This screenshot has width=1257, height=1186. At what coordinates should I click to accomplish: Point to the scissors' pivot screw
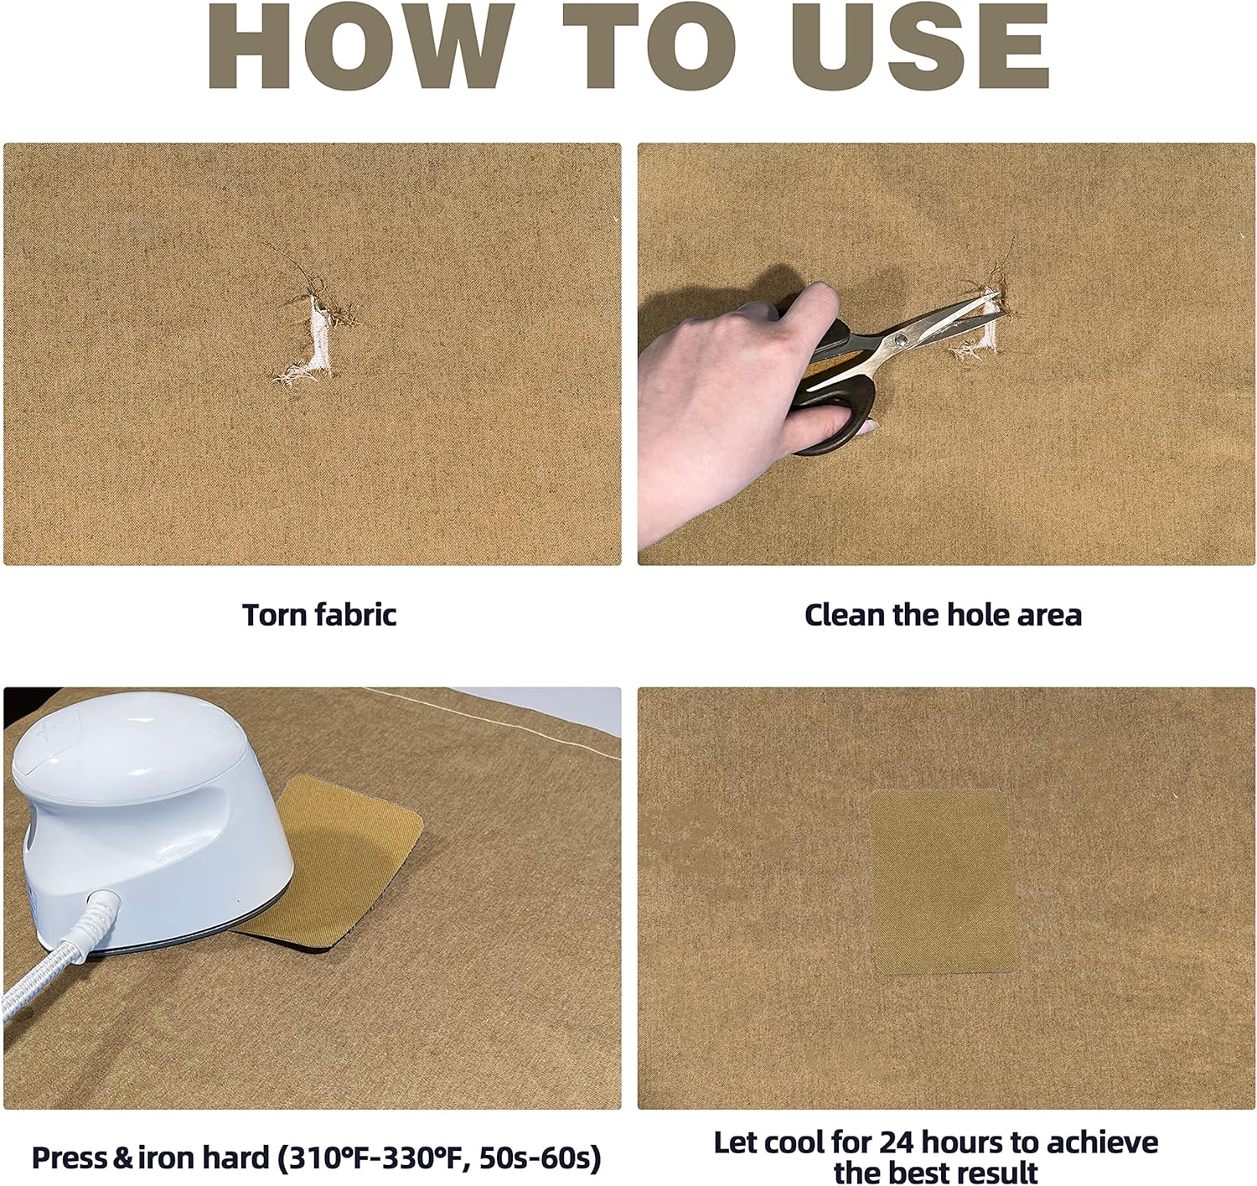[900, 341]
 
